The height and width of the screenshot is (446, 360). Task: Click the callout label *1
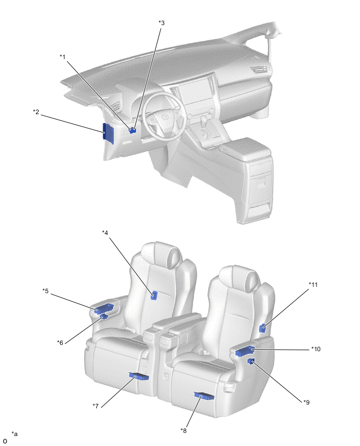63,57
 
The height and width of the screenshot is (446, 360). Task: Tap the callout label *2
36,112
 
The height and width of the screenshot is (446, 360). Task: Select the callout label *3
162,23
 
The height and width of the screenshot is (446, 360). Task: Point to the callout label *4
105,232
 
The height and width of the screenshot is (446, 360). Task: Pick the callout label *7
96,406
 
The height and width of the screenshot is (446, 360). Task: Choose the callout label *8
184,431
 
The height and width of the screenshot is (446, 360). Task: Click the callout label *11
313,284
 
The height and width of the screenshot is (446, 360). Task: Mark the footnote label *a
15,434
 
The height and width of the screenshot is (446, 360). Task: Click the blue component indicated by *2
108,133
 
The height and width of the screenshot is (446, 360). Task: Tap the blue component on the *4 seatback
154,296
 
